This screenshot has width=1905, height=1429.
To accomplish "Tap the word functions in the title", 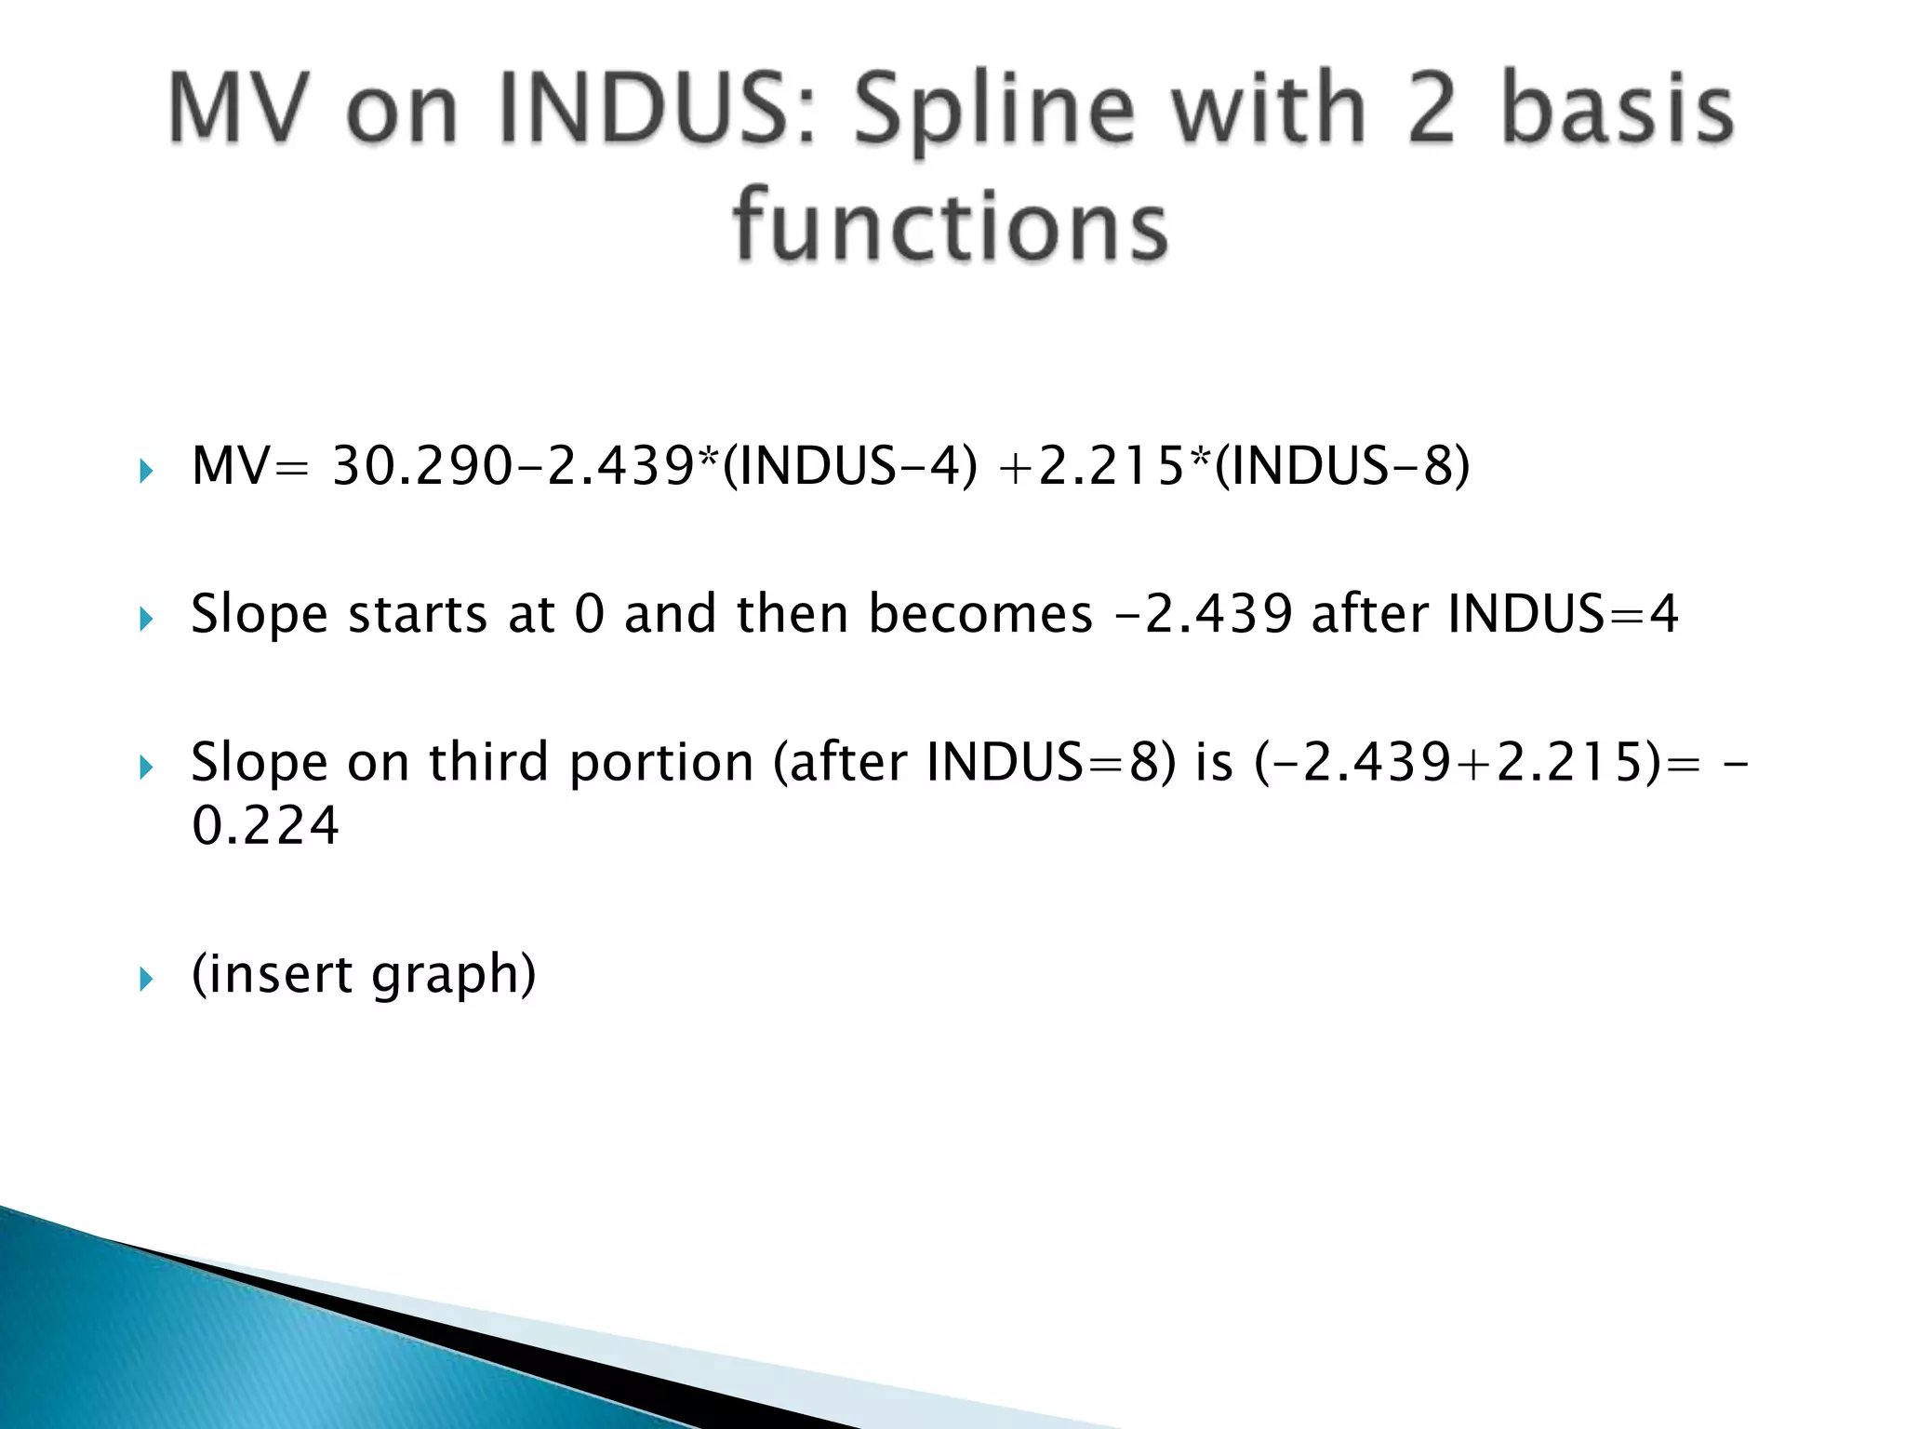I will (951, 226).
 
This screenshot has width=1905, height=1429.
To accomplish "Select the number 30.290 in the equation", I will (421, 466).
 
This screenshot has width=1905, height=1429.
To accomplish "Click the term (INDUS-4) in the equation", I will (850, 466).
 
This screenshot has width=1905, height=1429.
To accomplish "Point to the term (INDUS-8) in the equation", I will (1342, 466).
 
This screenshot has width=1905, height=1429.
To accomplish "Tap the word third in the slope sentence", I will (488, 763).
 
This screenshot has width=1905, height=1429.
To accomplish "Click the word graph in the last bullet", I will (453, 975).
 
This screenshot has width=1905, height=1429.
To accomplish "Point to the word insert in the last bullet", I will (272, 975).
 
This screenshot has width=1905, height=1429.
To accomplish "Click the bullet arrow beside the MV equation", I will (145, 471).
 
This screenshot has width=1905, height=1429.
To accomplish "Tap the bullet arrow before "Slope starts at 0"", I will (145, 619).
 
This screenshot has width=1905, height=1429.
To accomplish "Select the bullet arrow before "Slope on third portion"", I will (145, 768).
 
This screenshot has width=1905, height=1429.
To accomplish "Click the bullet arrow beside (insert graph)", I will (145, 979).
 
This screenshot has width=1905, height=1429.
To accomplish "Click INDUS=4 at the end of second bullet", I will (1563, 615).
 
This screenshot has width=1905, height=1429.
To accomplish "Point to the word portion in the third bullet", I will (660, 763).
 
